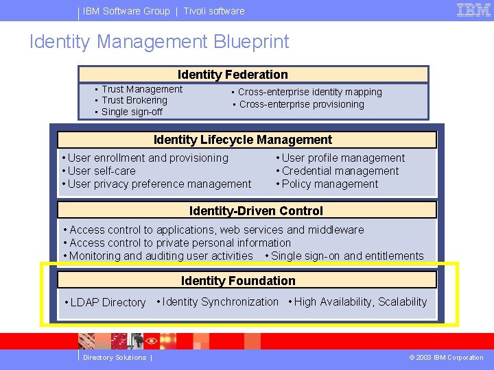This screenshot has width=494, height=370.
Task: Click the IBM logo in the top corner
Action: [x=473, y=10]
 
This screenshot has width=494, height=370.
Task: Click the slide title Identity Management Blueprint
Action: [x=159, y=42]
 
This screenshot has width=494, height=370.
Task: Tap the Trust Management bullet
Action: [x=141, y=89]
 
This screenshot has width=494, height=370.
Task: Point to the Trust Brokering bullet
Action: [x=134, y=100]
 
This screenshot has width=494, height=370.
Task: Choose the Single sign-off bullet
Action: [x=132, y=112]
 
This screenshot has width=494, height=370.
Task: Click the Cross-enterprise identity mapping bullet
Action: [x=309, y=92]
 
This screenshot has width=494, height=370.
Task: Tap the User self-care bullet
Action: [x=101, y=171]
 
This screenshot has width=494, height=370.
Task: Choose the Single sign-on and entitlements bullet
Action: [x=347, y=256]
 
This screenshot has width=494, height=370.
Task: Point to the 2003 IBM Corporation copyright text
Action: [x=446, y=358]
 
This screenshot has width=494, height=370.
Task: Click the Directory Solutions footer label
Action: [x=115, y=358]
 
